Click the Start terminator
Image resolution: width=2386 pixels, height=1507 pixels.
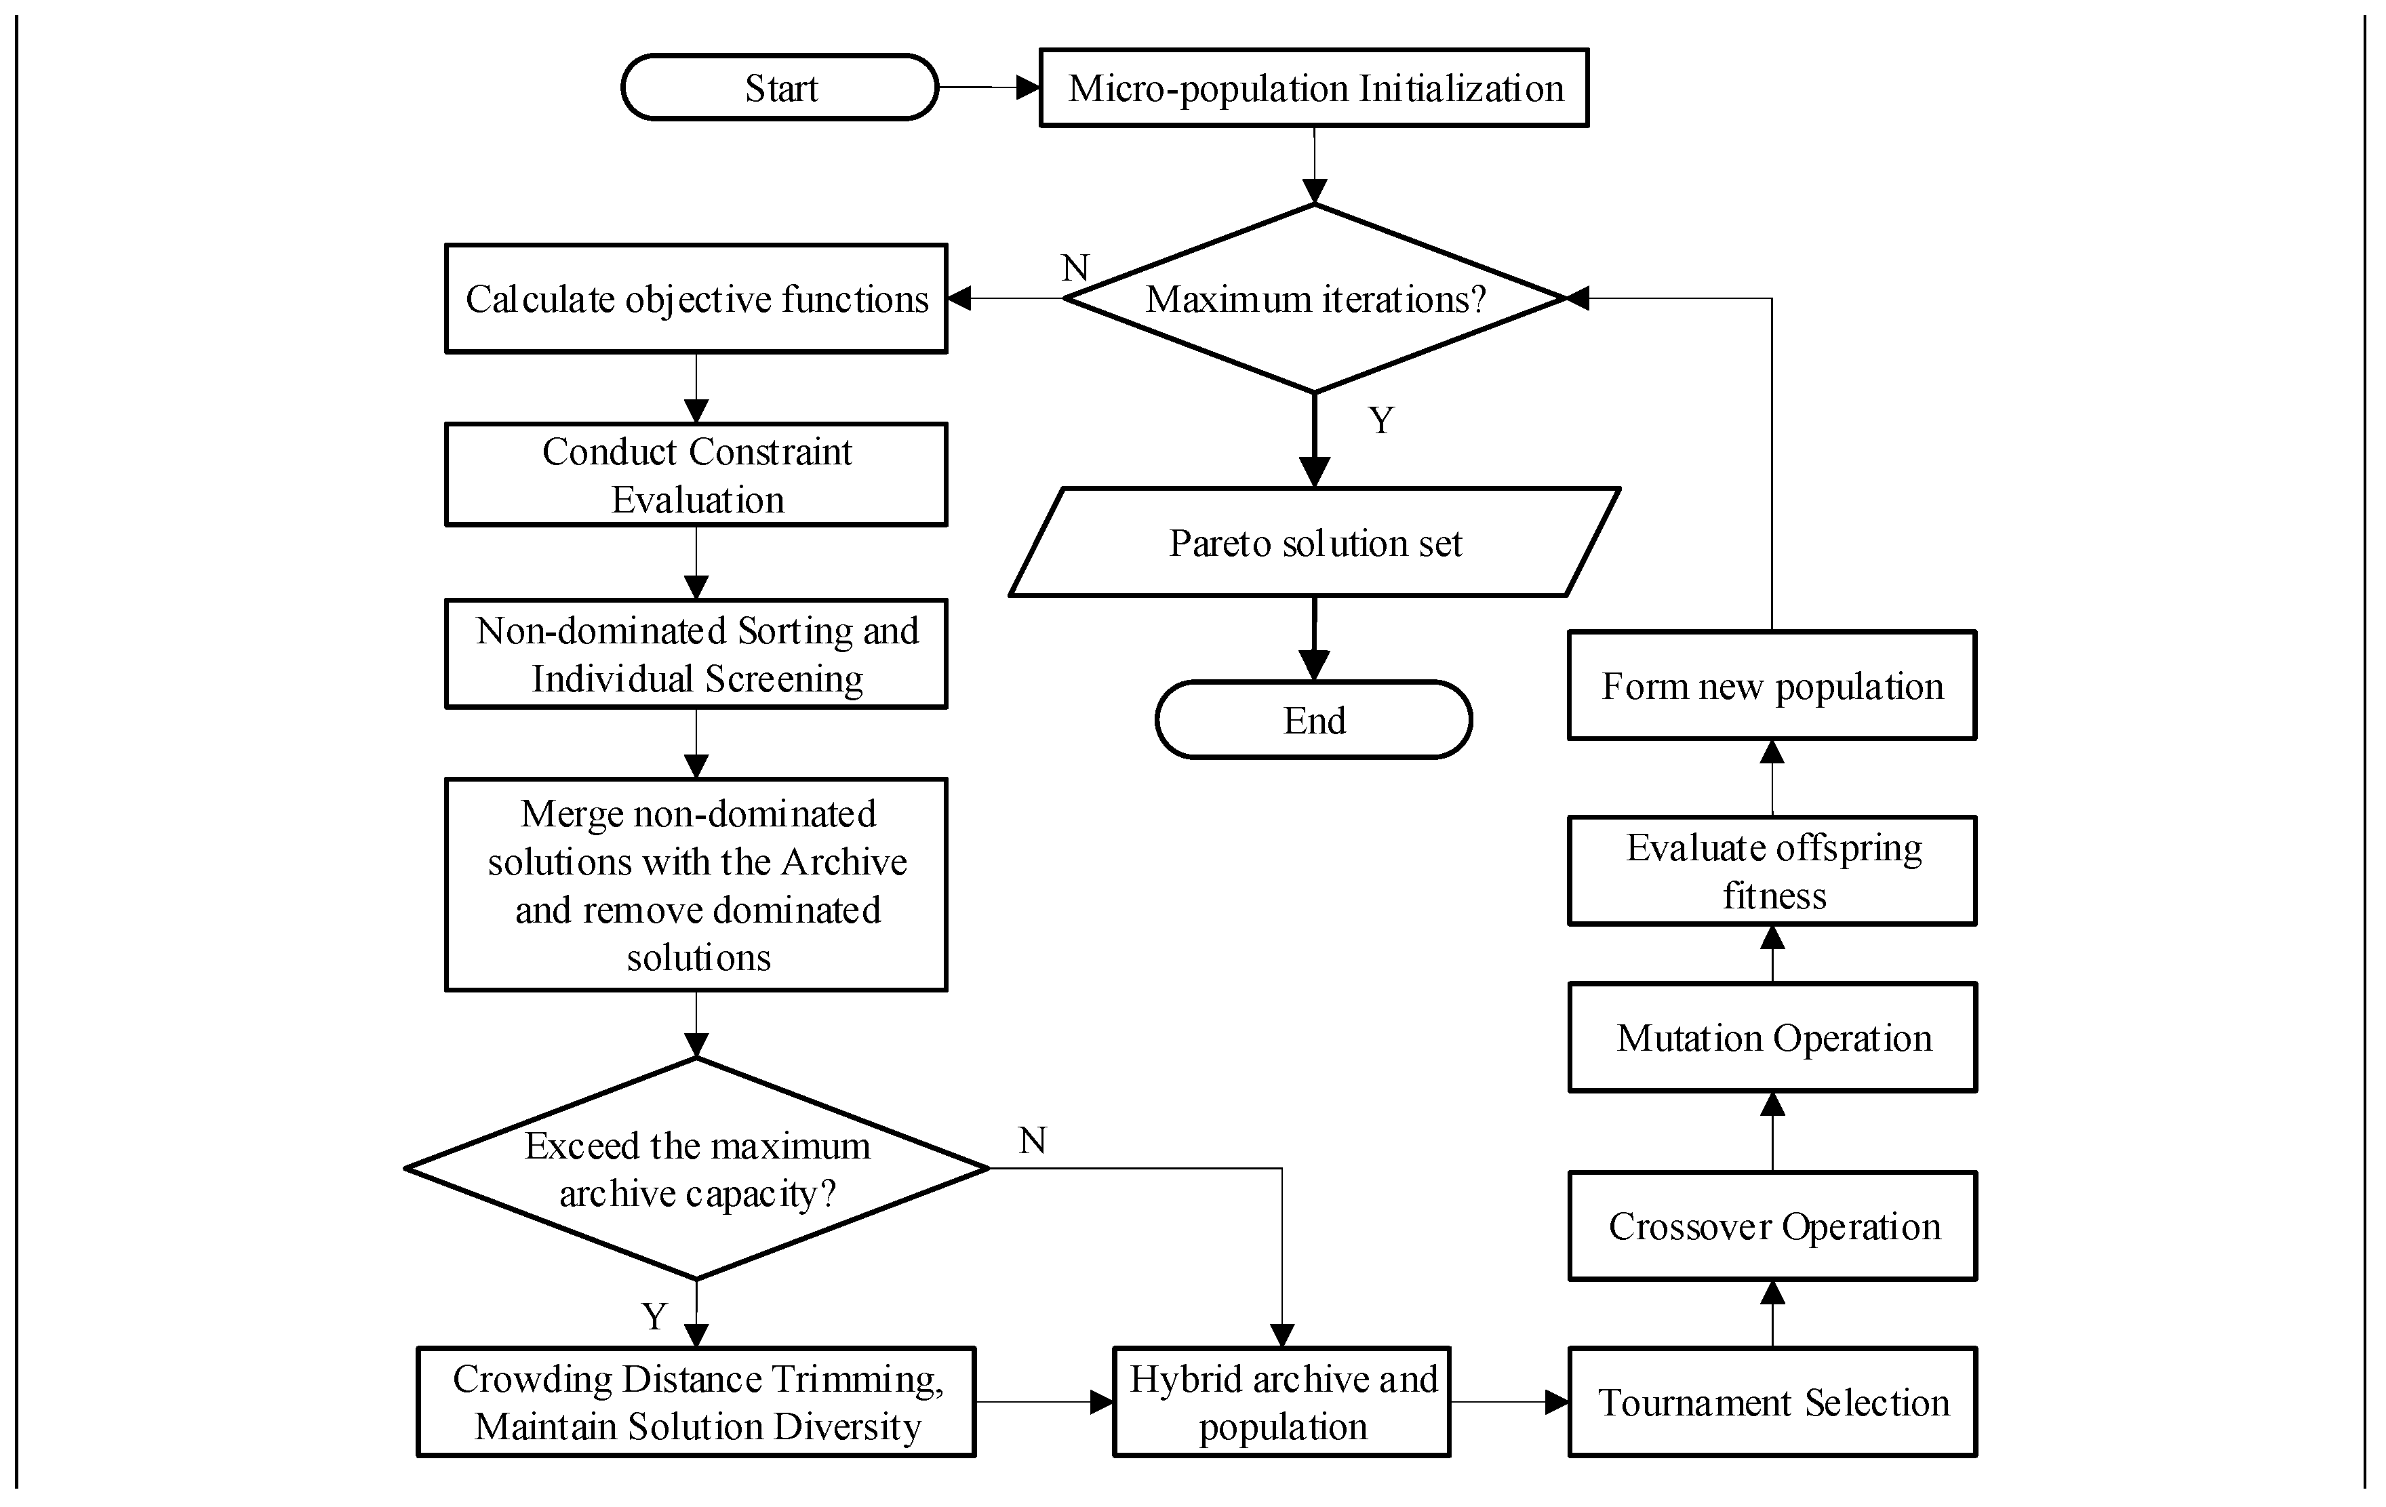pyautogui.click(x=780, y=87)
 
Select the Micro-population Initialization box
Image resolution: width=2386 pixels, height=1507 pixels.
pyautogui.click(x=1314, y=88)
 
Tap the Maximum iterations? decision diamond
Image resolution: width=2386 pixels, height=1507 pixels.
pyautogui.click(x=1315, y=298)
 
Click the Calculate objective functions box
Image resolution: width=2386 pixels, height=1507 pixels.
pyautogui.click(x=696, y=298)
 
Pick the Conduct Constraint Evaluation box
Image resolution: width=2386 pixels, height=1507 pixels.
pyautogui.click(x=696, y=475)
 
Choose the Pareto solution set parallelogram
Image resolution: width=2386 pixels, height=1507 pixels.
pyautogui.click(x=1315, y=542)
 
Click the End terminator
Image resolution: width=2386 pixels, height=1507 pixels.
pyautogui.click(x=1314, y=719)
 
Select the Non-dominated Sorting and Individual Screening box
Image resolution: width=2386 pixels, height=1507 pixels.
pyautogui.click(x=696, y=654)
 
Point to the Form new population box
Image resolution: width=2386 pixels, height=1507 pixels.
pyautogui.click(x=1772, y=685)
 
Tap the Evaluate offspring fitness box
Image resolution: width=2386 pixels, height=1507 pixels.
pyautogui.click(x=1772, y=871)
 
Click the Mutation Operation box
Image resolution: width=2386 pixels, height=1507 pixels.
pyautogui.click(x=1772, y=1037)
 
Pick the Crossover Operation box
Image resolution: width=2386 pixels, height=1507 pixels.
pyautogui.click(x=1772, y=1226)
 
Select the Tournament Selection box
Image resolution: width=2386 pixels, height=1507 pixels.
pyautogui.click(x=1772, y=1402)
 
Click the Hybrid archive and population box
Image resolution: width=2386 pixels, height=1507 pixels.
pyautogui.click(x=1282, y=1402)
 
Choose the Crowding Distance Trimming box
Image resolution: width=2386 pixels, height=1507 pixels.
pyautogui.click(x=696, y=1402)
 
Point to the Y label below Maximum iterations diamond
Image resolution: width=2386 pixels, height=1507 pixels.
pyautogui.click(x=1381, y=420)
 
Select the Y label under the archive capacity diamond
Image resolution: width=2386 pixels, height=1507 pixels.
pyautogui.click(x=654, y=1317)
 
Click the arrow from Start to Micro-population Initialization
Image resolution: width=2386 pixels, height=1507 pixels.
pyautogui.click(x=989, y=87)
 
